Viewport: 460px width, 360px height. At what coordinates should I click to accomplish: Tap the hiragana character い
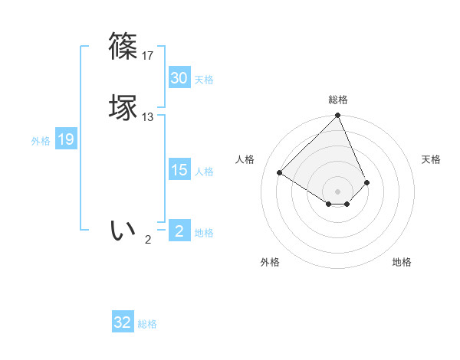click(123, 229)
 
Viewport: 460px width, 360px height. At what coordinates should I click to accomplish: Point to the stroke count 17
click(148, 56)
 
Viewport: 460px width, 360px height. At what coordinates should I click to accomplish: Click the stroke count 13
click(148, 117)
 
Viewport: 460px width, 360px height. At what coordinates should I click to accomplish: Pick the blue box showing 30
click(179, 78)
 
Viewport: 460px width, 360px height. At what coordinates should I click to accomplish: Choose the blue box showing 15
click(179, 170)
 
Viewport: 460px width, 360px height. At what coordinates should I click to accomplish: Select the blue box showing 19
click(65, 139)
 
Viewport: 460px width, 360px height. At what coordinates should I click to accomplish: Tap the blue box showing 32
click(123, 322)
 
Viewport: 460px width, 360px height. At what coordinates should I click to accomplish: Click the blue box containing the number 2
click(179, 231)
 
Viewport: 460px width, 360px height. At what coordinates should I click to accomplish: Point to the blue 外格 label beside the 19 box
click(41, 140)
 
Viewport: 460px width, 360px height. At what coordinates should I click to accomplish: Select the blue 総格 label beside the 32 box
click(147, 324)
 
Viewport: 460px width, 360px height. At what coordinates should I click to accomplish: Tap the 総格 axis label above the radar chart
click(338, 100)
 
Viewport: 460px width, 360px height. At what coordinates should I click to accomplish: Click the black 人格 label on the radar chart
click(245, 159)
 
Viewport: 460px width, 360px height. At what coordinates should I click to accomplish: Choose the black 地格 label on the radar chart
click(402, 262)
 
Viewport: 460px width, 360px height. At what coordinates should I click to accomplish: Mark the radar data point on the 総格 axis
click(338, 116)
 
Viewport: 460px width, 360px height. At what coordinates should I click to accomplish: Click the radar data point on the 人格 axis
click(280, 172)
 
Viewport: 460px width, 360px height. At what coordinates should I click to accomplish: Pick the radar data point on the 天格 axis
click(367, 182)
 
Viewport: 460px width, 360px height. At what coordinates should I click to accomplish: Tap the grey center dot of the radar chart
click(338, 191)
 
